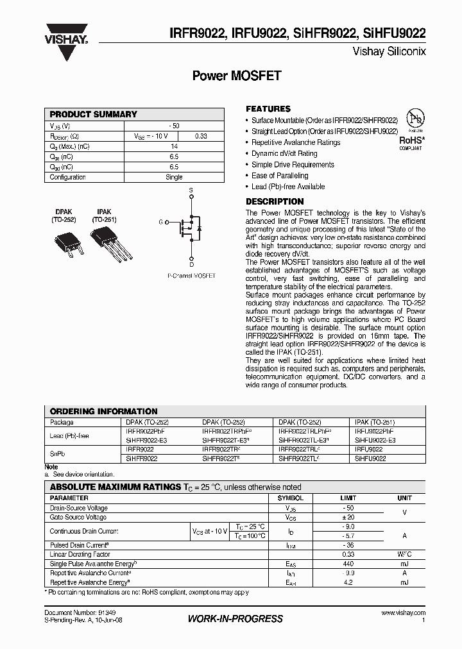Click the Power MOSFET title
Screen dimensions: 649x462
click(x=237, y=76)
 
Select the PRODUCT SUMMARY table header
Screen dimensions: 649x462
click(x=94, y=114)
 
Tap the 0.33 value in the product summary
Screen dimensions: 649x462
click(x=201, y=136)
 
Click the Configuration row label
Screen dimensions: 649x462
click(x=68, y=177)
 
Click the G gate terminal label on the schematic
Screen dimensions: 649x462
click(x=161, y=223)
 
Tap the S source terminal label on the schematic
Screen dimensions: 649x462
click(x=191, y=191)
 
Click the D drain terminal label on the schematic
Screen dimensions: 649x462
click(x=191, y=264)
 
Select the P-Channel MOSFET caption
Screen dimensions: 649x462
click(x=191, y=276)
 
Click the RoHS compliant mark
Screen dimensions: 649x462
click(x=411, y=141)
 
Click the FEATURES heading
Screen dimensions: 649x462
click(x=268, y=109)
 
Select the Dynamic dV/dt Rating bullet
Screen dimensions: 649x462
click(x=284, y=153)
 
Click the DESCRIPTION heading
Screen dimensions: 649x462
click(x=275, y=201)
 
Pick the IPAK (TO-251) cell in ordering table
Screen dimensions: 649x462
click(x=375, y=423)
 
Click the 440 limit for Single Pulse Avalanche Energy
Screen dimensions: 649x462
click(x=347, y=564)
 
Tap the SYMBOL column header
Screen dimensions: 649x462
click(x=291, y=498)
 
